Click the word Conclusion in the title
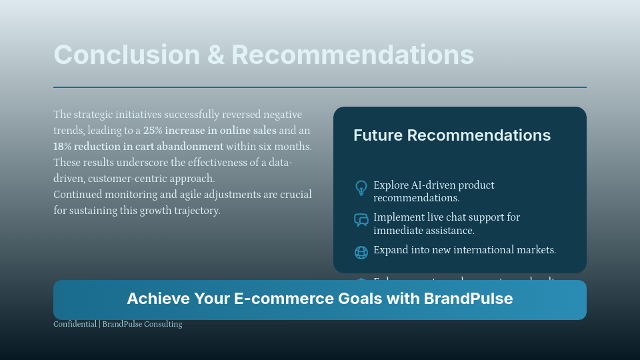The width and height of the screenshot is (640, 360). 126,55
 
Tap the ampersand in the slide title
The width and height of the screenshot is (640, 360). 215,55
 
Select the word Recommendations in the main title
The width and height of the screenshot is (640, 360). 353,55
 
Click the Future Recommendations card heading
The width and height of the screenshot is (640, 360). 451,135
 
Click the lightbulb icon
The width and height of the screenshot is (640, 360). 361,188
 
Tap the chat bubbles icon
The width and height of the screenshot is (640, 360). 361,220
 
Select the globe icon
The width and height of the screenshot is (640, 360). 361,252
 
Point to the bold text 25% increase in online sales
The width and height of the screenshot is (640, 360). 209,131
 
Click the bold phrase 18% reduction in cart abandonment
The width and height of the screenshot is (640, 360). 138,147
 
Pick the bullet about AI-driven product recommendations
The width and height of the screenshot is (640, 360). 433,191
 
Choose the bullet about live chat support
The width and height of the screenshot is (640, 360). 446,223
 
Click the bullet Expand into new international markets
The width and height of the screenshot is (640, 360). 464,250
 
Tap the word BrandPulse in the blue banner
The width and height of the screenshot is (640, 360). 468,299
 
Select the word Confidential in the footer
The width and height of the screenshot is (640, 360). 75,324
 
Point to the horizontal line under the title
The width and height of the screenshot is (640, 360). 320,87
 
